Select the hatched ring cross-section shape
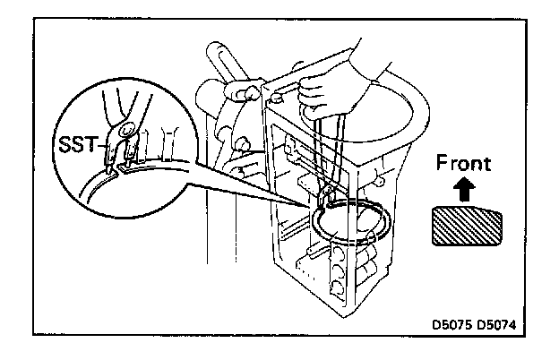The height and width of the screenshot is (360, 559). (x=467, y=225)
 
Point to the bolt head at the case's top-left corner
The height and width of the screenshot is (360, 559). (x=275, y=92)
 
